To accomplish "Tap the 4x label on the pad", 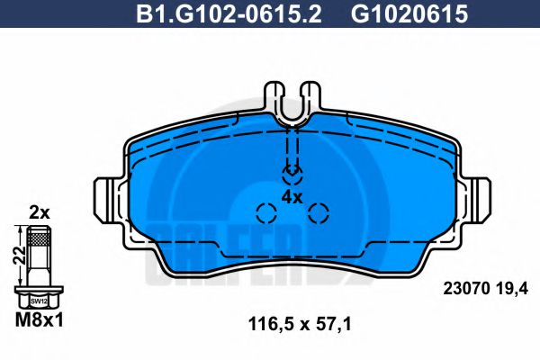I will coord(292,195).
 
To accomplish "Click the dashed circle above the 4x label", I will coord(292,172).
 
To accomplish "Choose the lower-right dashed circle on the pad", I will coord(319,213).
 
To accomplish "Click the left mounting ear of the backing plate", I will coord(106,197).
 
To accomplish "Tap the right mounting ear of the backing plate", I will coord(479,197).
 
